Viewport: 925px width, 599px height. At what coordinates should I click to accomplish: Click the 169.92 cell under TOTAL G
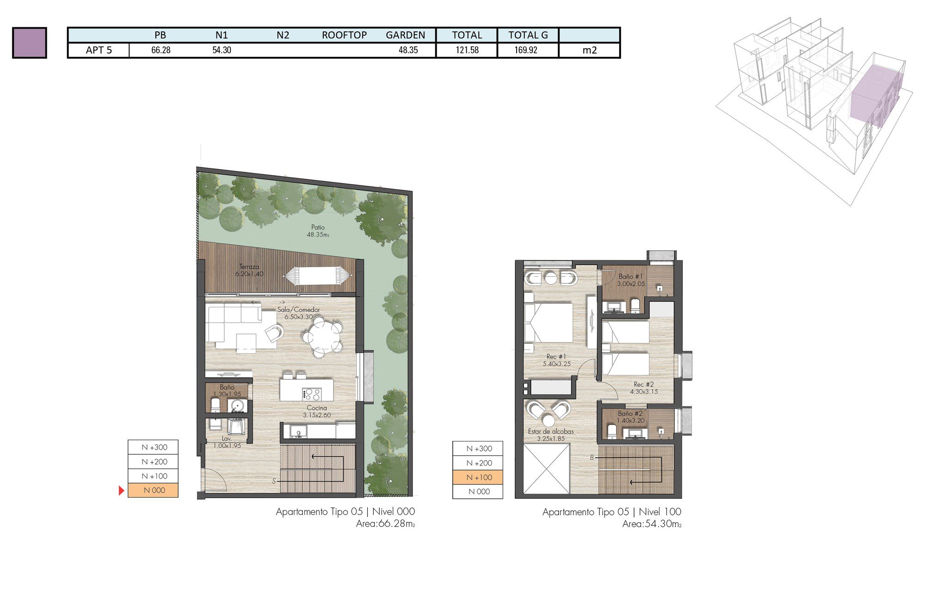pos(526,50)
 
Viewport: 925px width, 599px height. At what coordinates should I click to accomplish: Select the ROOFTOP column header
pos(344,35)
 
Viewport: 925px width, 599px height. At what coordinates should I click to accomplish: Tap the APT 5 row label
pos(99,50)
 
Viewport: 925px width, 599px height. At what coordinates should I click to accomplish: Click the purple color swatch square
pos(30,43)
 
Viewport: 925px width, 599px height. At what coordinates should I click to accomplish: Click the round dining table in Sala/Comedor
pos(322,338)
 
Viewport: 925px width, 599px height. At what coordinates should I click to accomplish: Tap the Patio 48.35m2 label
pos(318,231)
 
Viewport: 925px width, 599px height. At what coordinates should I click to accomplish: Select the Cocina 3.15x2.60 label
pos(317,411)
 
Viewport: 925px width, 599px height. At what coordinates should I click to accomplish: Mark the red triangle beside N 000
pos(121,490)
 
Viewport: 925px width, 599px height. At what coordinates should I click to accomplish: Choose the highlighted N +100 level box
pos(478,477)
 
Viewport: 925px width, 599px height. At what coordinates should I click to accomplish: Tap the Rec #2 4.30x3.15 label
pos(643,388)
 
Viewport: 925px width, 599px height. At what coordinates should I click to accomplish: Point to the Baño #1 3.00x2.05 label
pos(630,280)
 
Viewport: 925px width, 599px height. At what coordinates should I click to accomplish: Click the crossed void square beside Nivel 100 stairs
pos(547,468)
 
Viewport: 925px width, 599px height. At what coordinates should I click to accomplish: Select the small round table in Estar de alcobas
pos(549,421)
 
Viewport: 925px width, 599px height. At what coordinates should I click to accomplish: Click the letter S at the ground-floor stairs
pos(274,481)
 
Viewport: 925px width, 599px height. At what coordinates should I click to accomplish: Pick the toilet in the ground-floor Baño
pos(216,405)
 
